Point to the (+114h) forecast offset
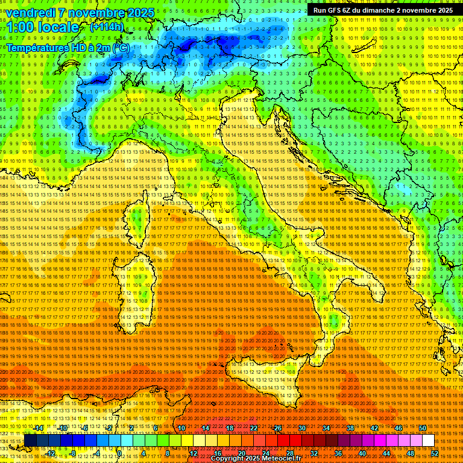coord(107,27)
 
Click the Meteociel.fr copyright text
coord(259,459)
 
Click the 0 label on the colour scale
coord(120,453)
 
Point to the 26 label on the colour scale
coord(278,428)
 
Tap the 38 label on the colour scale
coord(350,428)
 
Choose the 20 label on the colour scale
coord(241,453)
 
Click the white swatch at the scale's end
coord(428,441)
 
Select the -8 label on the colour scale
coord(73,453)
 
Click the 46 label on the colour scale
coord(398,428)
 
